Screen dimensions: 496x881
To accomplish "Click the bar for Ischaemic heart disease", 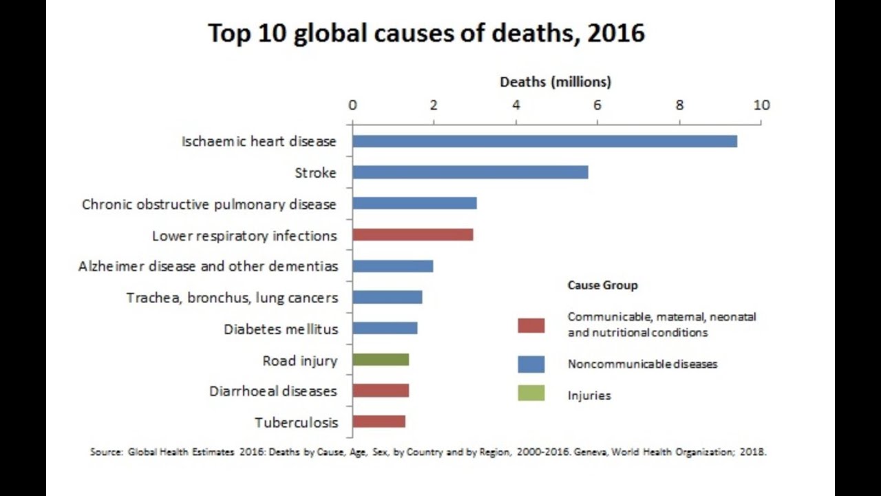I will click(544, 141).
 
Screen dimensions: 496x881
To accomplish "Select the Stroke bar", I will click(470, 172).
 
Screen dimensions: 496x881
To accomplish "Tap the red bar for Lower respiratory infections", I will click(412, 235).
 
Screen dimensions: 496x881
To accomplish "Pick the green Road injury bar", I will click(381, 360).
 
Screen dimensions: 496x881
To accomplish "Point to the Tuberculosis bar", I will click(379, 422).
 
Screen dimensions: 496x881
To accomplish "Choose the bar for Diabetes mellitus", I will click(385, 328).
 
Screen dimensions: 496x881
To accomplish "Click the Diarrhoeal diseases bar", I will click(381, 391).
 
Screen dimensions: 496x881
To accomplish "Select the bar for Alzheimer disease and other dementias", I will click(392, 266).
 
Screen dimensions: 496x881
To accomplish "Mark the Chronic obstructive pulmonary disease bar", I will click(414, 203).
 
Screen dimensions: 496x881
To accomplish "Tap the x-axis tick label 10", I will click(761, 105).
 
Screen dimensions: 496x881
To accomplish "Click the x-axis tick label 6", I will click(597, 105).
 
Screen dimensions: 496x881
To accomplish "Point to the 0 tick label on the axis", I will click(352, 105).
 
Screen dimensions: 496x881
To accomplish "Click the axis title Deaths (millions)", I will click(555, 82).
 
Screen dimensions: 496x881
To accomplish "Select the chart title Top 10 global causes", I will click(426, 33).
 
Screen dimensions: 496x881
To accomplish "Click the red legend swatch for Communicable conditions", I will click(531, 325).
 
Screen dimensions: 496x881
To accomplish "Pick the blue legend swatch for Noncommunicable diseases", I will click(531, 364).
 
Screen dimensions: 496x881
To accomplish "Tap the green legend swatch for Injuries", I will click(531, 394).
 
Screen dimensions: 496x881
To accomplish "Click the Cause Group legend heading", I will click(602, 285).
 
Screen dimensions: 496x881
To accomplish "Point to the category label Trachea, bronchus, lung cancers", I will click(232, 298).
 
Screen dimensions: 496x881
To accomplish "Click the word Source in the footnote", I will click(105, 453).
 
